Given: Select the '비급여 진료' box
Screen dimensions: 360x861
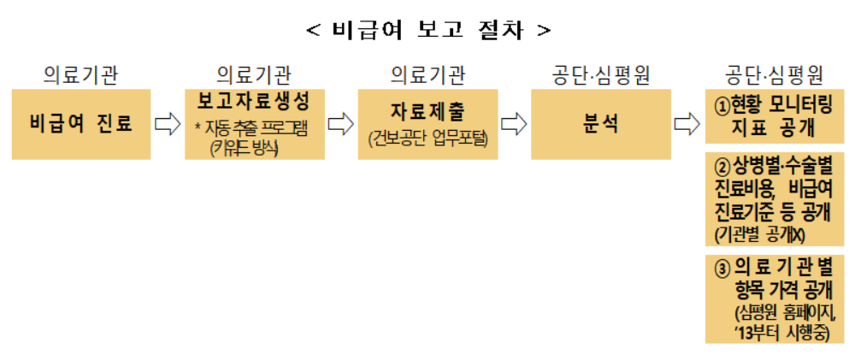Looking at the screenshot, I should coord(81,123).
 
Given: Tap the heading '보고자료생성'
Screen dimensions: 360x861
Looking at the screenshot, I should coord(253,100).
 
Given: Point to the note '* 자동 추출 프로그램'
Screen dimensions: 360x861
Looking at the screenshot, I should coord(253,128).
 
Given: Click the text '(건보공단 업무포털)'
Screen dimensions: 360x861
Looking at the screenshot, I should coord(427,139).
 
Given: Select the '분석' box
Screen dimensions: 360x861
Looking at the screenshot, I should coord(598,123).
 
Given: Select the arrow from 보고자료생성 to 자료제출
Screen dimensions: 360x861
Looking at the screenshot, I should coord(340,124).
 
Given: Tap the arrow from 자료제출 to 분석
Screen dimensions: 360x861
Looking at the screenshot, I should coord(513,124).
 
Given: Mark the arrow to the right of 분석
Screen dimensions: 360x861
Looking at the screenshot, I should coord(686,124).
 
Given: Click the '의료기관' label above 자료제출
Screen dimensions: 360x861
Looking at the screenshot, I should coord(427,74).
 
